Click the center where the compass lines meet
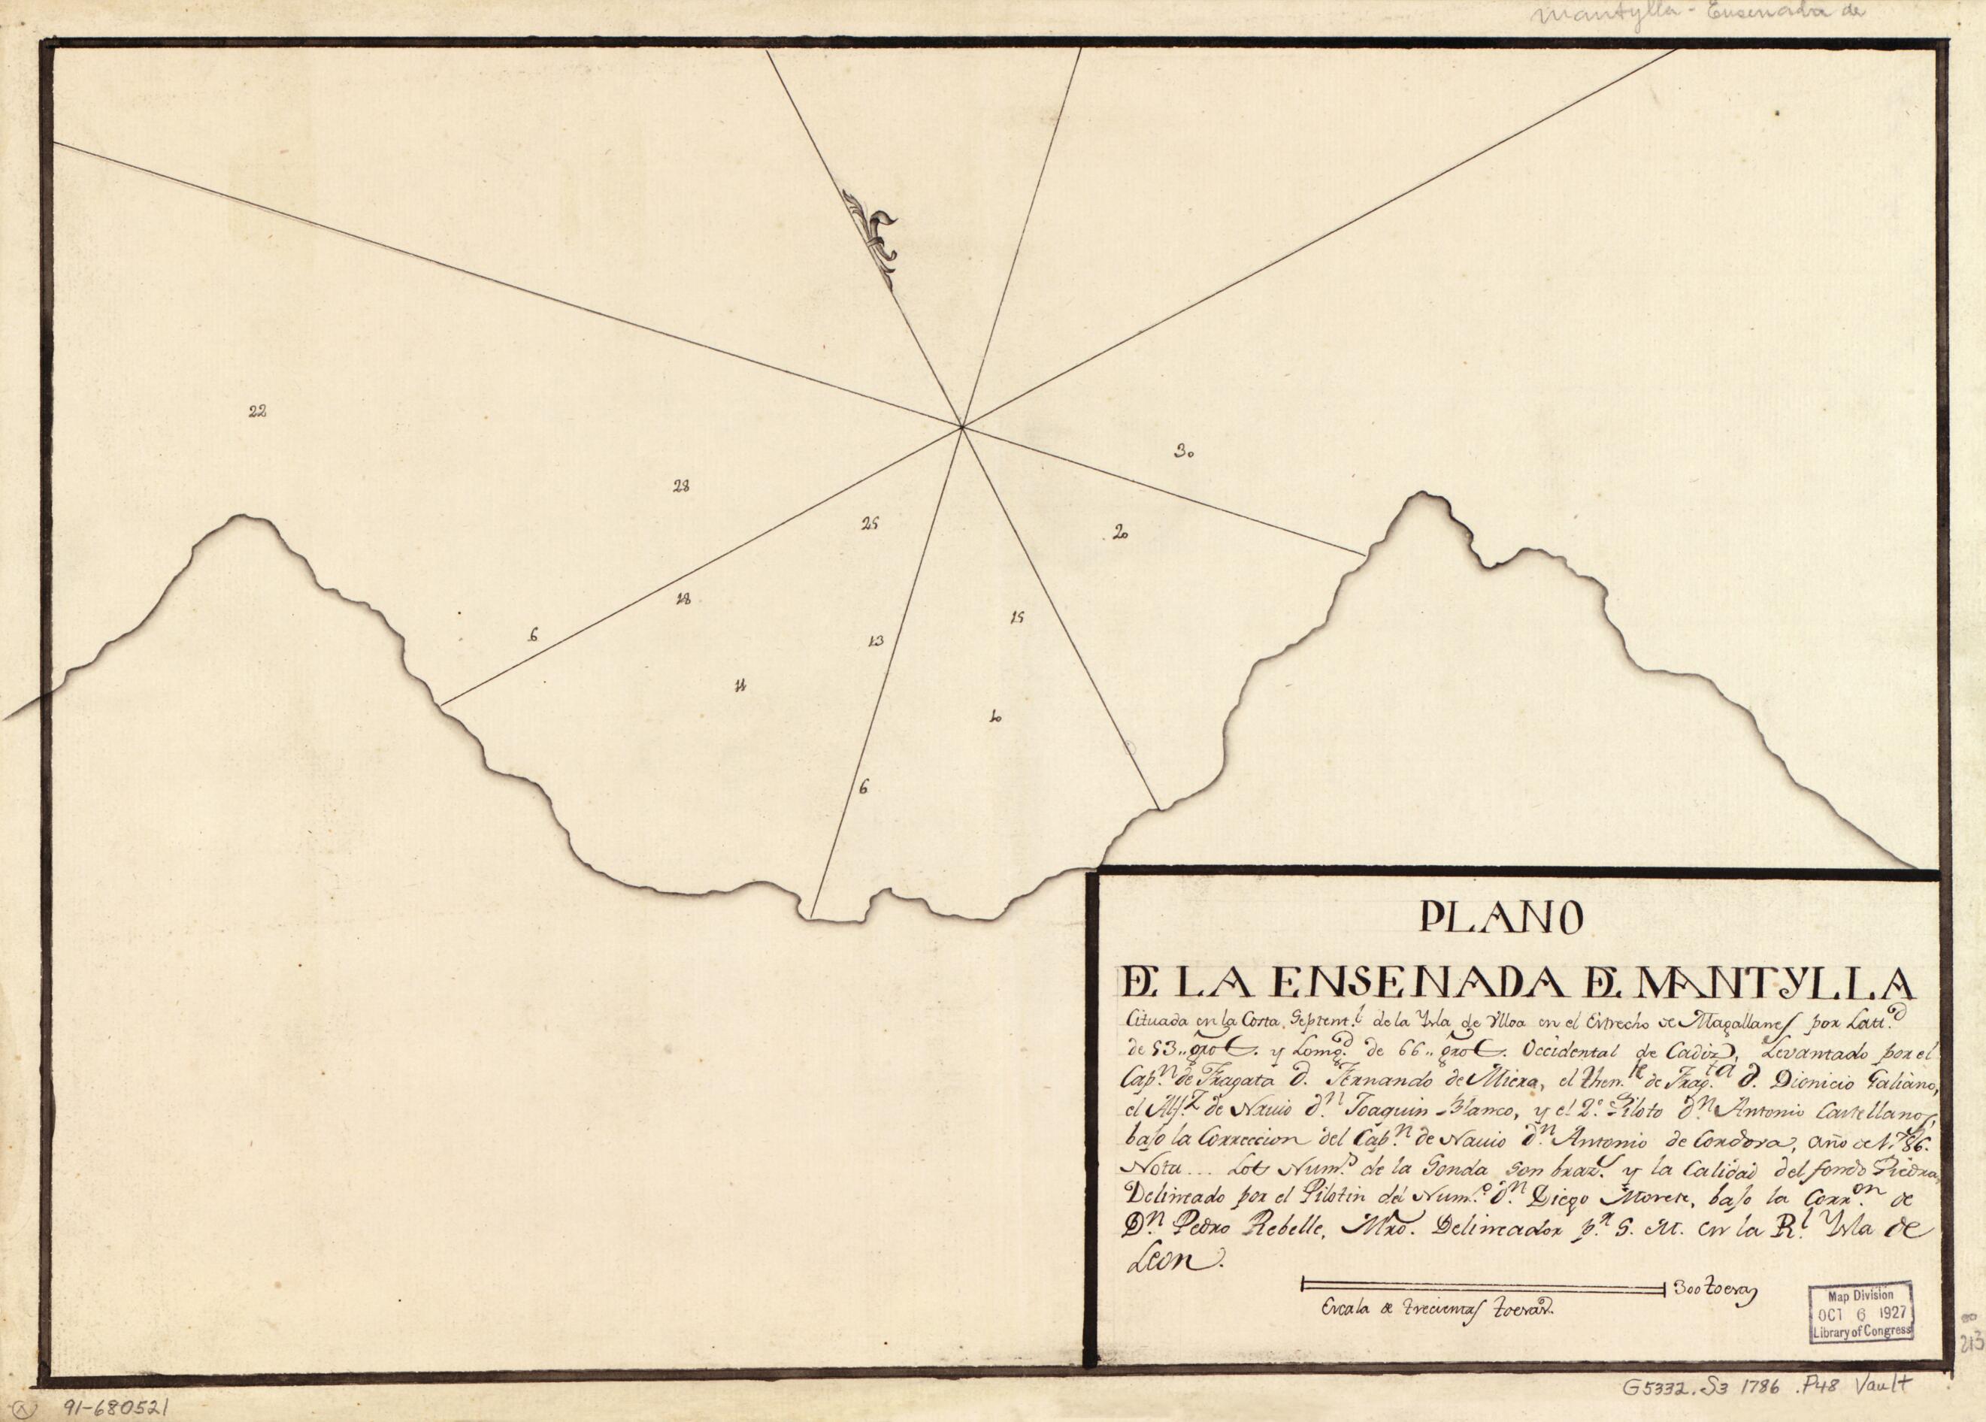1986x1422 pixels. (961, 428)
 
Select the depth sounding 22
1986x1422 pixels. (256, 413)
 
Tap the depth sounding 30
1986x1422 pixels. (1185, 452)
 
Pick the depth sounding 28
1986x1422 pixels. (680, 487)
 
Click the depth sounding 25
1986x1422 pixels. (869, 525)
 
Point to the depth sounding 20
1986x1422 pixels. (1119, 531)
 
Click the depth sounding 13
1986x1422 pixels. (875, 641)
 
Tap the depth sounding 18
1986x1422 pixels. (684, 600)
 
